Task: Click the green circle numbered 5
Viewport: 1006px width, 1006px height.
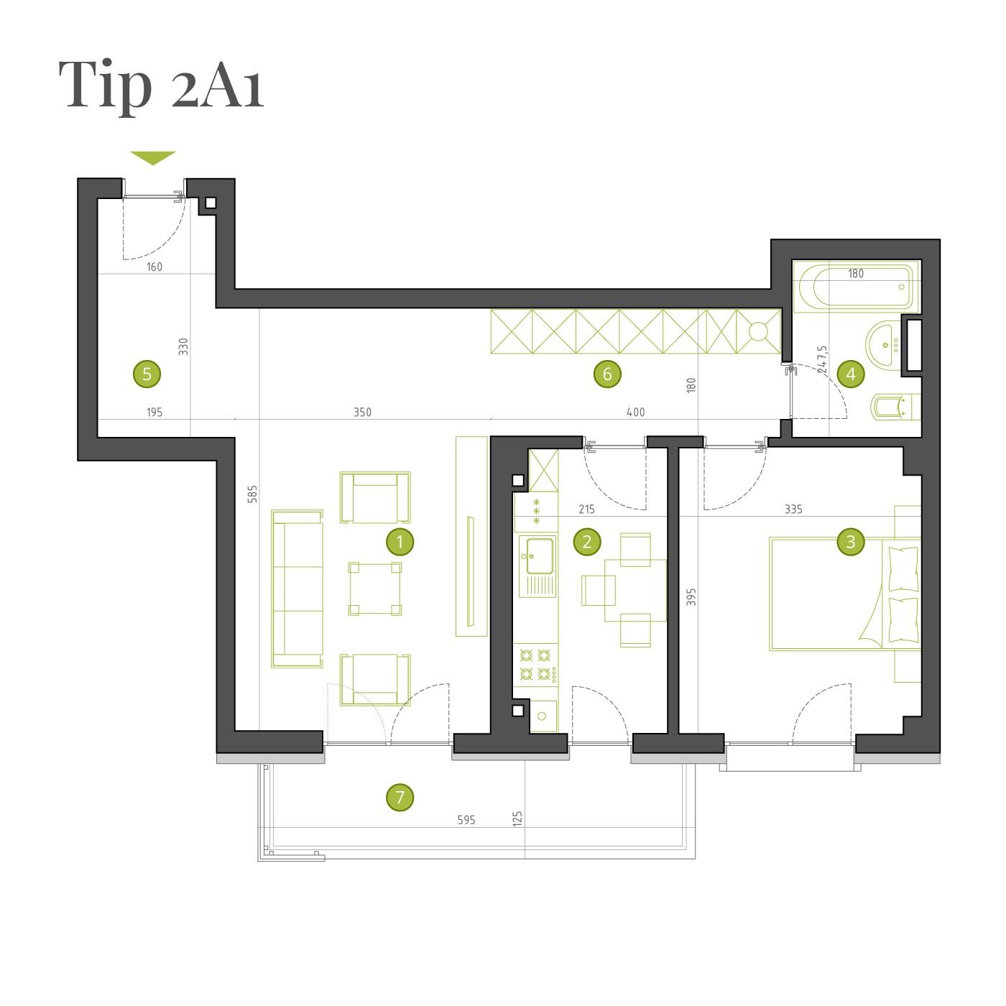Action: [x=147, y=374]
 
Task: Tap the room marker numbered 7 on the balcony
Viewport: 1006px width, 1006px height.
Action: [x=400, y=797]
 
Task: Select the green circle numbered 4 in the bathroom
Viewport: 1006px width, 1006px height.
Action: [x=850, y=374]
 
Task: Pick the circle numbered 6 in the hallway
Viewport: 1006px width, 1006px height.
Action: [x=607, y=374]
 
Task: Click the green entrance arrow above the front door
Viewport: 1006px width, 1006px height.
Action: [x=153, y=157]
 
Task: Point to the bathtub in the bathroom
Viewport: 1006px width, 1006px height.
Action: [x=857, y=286]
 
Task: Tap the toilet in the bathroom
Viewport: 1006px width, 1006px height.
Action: [x=896, y=407]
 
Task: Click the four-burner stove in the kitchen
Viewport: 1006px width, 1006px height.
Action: [x=535, y=665]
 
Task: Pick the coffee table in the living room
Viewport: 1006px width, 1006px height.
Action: [x=375, y=589]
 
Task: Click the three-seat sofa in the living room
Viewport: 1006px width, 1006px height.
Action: [x=297, y=589]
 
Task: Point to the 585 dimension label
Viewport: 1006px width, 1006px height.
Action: [x=253, y=494]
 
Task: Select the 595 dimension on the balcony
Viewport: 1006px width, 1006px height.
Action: [x=466, y=820]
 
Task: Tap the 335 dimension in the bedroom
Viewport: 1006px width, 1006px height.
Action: [x=793, y=509]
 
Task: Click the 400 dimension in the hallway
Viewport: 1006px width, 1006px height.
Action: [x=635, y=412]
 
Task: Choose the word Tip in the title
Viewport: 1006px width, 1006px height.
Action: [x=105, y=85]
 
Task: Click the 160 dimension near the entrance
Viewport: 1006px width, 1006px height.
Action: [x=154, y=267]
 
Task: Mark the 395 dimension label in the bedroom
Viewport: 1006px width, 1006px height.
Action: [x=691, y=596]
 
